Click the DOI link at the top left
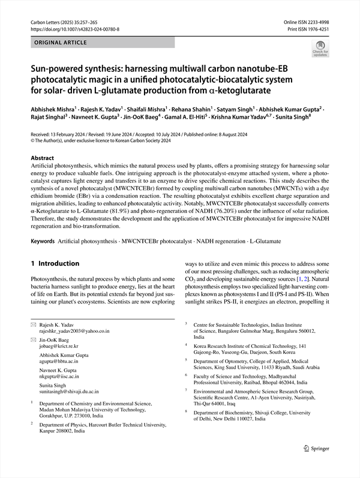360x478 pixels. coord(74,29)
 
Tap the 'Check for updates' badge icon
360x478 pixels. coord(320,47)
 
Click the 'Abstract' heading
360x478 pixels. coord(42,158)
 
